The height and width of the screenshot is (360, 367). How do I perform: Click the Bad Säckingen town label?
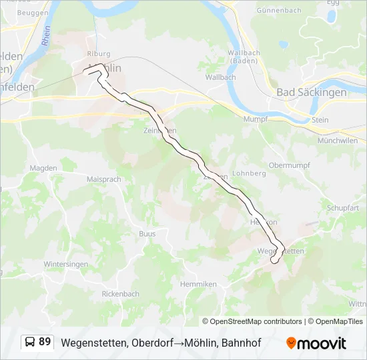coord(311,93)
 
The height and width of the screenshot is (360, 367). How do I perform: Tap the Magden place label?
coord(44,168)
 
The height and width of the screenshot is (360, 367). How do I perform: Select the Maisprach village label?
coord(103,179)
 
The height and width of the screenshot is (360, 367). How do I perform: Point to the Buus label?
coord(147,234)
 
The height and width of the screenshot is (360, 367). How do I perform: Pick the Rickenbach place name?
coord(120,293)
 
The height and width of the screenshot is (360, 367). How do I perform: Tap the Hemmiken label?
coord(198,284)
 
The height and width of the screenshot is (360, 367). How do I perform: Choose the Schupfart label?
coord(343,208)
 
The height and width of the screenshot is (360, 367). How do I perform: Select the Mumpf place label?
coord(256,119)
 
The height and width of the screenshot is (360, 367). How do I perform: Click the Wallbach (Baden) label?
coord(243,57)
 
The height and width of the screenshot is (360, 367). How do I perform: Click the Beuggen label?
coord(32,13)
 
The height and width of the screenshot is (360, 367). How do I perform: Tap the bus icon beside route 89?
coord(31,342)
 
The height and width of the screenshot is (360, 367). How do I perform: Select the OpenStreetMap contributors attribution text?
coord(252,321)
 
